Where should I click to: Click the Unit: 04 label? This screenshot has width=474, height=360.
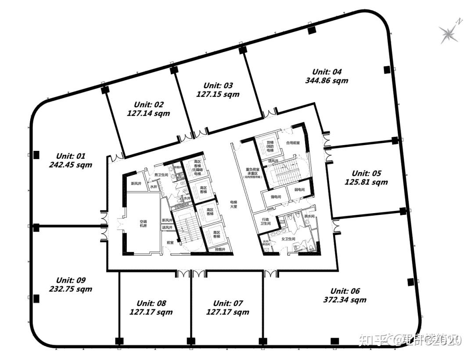point(327,72)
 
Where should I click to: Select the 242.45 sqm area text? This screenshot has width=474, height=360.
point(71,165)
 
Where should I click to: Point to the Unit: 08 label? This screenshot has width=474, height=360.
point(151,303)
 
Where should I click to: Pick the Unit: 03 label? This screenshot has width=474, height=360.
point(218,86)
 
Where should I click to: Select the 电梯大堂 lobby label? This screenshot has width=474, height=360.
point(234,204)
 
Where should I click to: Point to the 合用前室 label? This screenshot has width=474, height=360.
point(292,143)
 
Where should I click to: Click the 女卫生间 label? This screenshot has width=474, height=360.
point(288,239)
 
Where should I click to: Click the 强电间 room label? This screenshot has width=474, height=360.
point(276,197)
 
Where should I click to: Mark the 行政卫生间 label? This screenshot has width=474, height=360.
point(266,221)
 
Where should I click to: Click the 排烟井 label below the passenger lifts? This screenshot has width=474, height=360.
point(220,250)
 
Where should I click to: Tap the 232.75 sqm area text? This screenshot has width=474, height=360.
point(71,289)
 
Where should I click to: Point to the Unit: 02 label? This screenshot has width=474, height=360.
point(149,104)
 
